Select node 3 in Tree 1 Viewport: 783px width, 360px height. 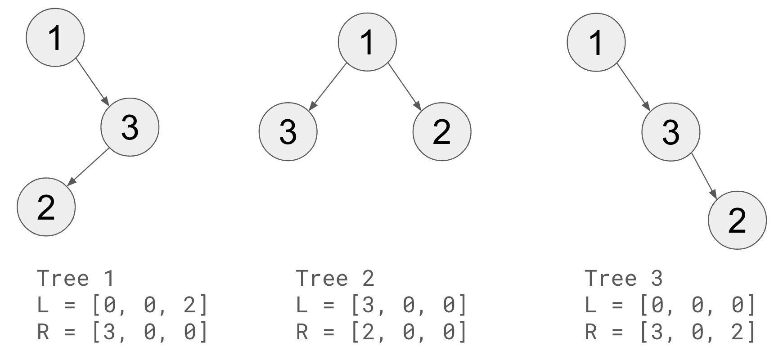tap(130, 127)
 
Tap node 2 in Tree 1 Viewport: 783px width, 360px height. tap(46, 207)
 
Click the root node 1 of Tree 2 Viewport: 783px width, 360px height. tap(367, 42)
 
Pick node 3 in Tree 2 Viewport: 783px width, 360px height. tap(288, 131)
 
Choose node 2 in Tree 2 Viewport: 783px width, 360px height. tap(442, 131)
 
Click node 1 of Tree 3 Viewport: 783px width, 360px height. tap(596, 42)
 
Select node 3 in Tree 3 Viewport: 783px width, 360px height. tap(670, 132)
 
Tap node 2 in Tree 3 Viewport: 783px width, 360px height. tap(737, 220)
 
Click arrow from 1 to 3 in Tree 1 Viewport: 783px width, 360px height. tap(92, 81)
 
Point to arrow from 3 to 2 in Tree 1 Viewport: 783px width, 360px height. tap(89, 167)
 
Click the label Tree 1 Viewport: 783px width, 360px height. tap(76, 279)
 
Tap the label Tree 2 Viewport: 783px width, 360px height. tap(335, 279)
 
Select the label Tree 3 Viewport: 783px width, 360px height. tap(624, 279)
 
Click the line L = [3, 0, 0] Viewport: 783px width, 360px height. tap(382, 306)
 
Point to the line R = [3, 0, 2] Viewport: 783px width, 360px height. tap(670, 333)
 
